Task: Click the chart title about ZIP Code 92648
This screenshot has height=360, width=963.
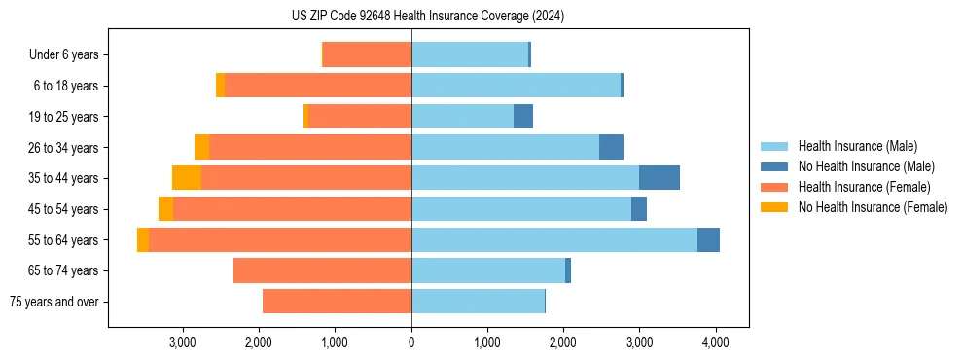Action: tap(428, 16)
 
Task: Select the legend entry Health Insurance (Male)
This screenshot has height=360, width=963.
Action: tap(856, 146)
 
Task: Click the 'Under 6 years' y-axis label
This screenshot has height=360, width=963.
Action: tap(69, 55)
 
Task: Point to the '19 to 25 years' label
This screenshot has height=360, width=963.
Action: tap(65, 117)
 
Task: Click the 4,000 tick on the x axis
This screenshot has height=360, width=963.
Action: tap(715, 342)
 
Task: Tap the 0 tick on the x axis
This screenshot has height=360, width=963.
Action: tap(411, 342)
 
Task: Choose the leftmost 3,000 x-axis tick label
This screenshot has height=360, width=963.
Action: tap(183, 342)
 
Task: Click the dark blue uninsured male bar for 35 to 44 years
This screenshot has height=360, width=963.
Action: tap(660, 178)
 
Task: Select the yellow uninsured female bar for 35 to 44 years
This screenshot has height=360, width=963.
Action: tap(187, 178)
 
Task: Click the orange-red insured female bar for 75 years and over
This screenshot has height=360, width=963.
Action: tap(337, 302)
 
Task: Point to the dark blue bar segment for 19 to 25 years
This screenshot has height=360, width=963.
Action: tap(523, 117)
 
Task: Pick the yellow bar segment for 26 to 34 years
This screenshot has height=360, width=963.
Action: tap(201, 147)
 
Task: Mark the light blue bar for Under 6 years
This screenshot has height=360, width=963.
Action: tap(470, 55)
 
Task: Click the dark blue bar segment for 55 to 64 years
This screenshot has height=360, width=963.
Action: tap(708, 239)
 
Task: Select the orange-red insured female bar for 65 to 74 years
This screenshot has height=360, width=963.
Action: tap(322, 270)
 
